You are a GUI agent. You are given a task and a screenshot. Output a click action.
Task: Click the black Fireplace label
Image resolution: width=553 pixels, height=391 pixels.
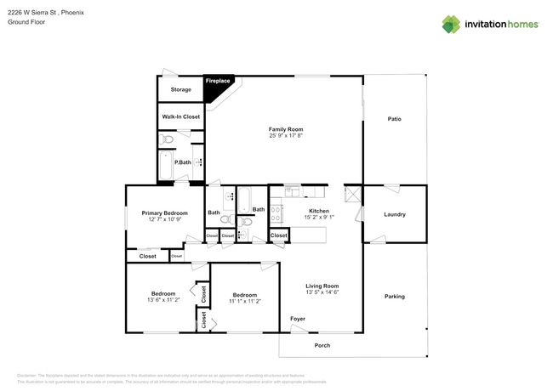pyautogui.click(x=218, y=81)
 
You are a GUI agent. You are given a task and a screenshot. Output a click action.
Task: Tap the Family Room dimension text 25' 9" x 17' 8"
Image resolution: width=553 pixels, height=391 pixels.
pyautogui.click(x=286, y=135)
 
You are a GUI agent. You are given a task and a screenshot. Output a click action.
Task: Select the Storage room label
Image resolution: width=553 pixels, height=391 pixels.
pyautogui.click(x=180, y=89)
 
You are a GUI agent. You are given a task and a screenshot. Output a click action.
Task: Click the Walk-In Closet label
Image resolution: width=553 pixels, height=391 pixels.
pyautogui.click(x=180, y=116)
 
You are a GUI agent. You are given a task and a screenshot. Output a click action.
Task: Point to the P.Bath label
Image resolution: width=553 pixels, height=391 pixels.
pyautogui.click(x=181, y=161)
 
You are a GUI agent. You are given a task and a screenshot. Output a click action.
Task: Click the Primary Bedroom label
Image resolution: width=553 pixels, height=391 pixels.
pyautogui.click(x=164, y=212)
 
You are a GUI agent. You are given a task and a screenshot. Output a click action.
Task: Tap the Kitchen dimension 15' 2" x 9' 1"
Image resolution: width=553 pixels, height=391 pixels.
pyautogui.click(x=319, y=217)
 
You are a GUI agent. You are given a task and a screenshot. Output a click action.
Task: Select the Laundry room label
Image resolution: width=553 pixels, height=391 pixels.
pyautogui.click(x=394, y=214)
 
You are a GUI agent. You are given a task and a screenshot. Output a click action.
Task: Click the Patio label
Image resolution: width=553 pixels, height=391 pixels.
pyautogui.click(x=394, y=118)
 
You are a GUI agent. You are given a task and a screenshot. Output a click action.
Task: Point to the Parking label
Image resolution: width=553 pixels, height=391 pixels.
pyautogui.click(x=394, y=296)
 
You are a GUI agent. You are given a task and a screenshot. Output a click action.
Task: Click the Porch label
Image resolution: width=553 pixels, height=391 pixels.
pyautogui.click(x=322, y=345)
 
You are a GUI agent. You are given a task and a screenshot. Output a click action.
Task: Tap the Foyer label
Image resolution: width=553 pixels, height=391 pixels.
pyautogui.click(x=298, y=319)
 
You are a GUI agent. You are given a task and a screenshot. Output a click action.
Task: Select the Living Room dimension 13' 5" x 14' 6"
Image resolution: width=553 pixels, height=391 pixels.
pyautogui.click(x=322, y=292)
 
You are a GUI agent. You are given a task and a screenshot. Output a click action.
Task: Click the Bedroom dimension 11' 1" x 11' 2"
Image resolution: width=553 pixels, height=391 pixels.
pyautogui.click(x=245, y=301)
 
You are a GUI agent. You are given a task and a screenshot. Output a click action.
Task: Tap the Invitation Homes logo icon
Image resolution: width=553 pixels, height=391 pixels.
pyautogui.click(x=451, y=24)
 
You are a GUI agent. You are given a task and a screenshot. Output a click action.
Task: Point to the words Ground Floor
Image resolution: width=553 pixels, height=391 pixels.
pyautogui.click(x=26, y=23)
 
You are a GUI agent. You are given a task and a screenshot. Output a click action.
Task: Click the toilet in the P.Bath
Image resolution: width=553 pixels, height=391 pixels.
pyautogui.click(x=168, y=139)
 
